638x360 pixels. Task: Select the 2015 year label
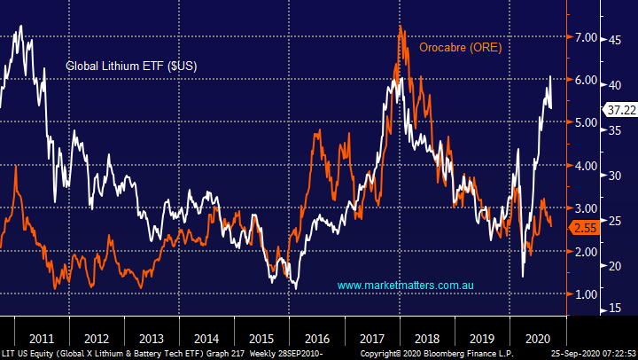tap(261, 338)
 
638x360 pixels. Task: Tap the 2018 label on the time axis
tap(426, 338)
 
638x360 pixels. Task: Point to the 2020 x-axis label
tap(536, 338)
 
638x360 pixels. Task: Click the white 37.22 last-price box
tap(618, 109)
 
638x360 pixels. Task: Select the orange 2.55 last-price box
tap(585, 228)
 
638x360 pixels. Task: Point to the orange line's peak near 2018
tap(401, 27)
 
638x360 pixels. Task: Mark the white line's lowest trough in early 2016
tap(295, 289)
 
